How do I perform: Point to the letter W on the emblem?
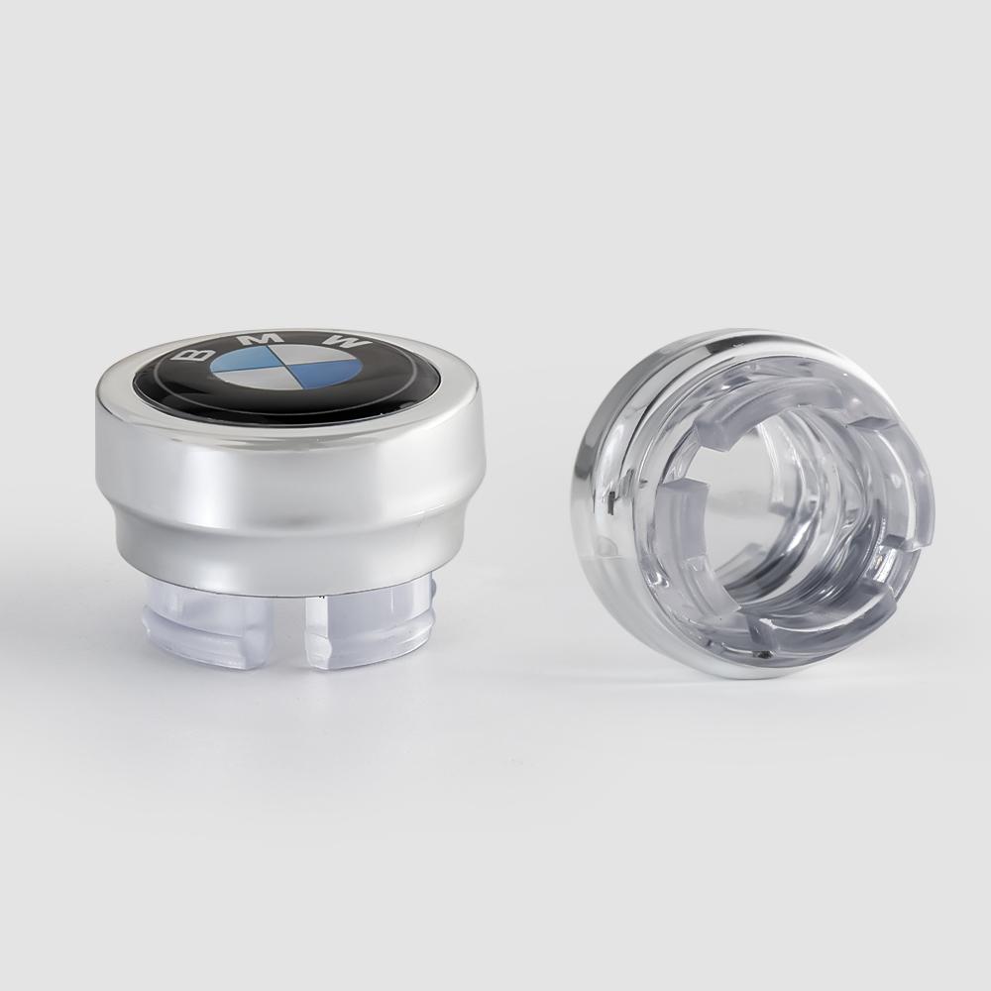click(347, 343)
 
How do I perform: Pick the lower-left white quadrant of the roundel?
click(248, 382)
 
